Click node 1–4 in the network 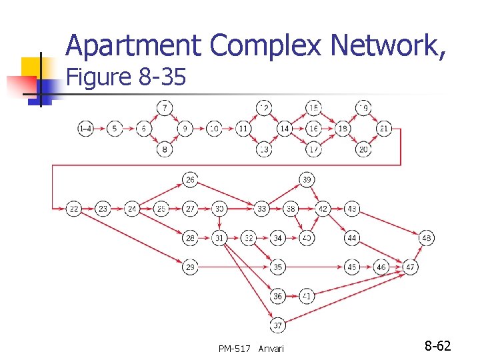[x=85, y=128]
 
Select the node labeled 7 [x=165, y=107]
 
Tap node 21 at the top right [x=384, y=128]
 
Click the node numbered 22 [x=73, y=209]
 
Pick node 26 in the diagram [x=191, y=179]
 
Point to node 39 [x=307, y=179]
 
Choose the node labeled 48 [x=427, y=238]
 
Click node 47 [x=411, y=267]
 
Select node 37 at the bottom [x=278, y=325]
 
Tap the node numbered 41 [x=307, y=295]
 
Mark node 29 [x=191, y=267]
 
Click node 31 [x=220, y=238]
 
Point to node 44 [x=352, y=238]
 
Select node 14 [x=285, y=128]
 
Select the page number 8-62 [x=438, y=346]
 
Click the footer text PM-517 [x=234, y=349]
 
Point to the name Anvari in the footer [x=271, y=349]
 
